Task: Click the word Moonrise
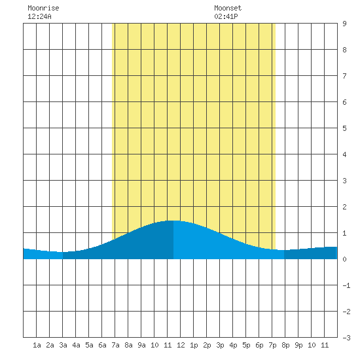(x=43, y=8)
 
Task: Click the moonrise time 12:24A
(x=39, y=16)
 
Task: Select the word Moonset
(x=228, y=8)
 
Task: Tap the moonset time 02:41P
(x=226, y=16)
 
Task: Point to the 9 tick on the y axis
(x=344, y=24)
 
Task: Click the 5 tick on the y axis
(x=344, y=128)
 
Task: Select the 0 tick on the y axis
(x=344, y=259)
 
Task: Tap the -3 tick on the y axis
(x=346, y=338)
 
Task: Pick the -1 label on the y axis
(x=346, y=285)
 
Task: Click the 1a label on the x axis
(x=37, y=345)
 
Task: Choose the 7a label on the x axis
(x=115, y=345)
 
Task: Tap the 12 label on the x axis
(x=181, y=345)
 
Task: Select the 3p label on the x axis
(x=220, y=345)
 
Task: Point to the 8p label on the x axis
(x=285, y=345)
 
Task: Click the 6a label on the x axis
(x=102, y=345)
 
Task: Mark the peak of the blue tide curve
(x=173, y=221)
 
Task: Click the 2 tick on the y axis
(x=344, y=207)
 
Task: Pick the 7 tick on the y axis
(x=344, y=76)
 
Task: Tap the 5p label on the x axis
(x=246, y=345)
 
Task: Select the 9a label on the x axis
(x=141, y=345)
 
